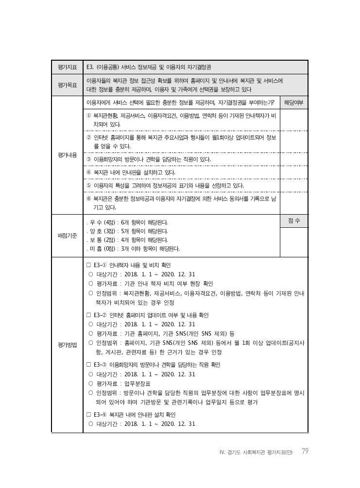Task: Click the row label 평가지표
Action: coord(67,67)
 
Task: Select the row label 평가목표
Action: coord(67,85)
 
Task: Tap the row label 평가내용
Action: coord(67,155)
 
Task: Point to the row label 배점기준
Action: coord(67,235)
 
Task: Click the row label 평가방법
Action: coord(67,345)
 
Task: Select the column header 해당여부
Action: coord(294,102)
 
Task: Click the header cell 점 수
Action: coord(294,221)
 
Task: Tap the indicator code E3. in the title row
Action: coord(90,67)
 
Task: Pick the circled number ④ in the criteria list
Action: coord(88,172)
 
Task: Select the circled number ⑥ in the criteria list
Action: coord(88,199)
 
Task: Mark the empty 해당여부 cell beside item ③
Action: coord(294,159)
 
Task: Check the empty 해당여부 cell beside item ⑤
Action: coord(294,185)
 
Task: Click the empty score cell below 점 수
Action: coord(294,240)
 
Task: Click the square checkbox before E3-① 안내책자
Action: coord(88,266)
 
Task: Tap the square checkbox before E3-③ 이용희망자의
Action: coord(88,365)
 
